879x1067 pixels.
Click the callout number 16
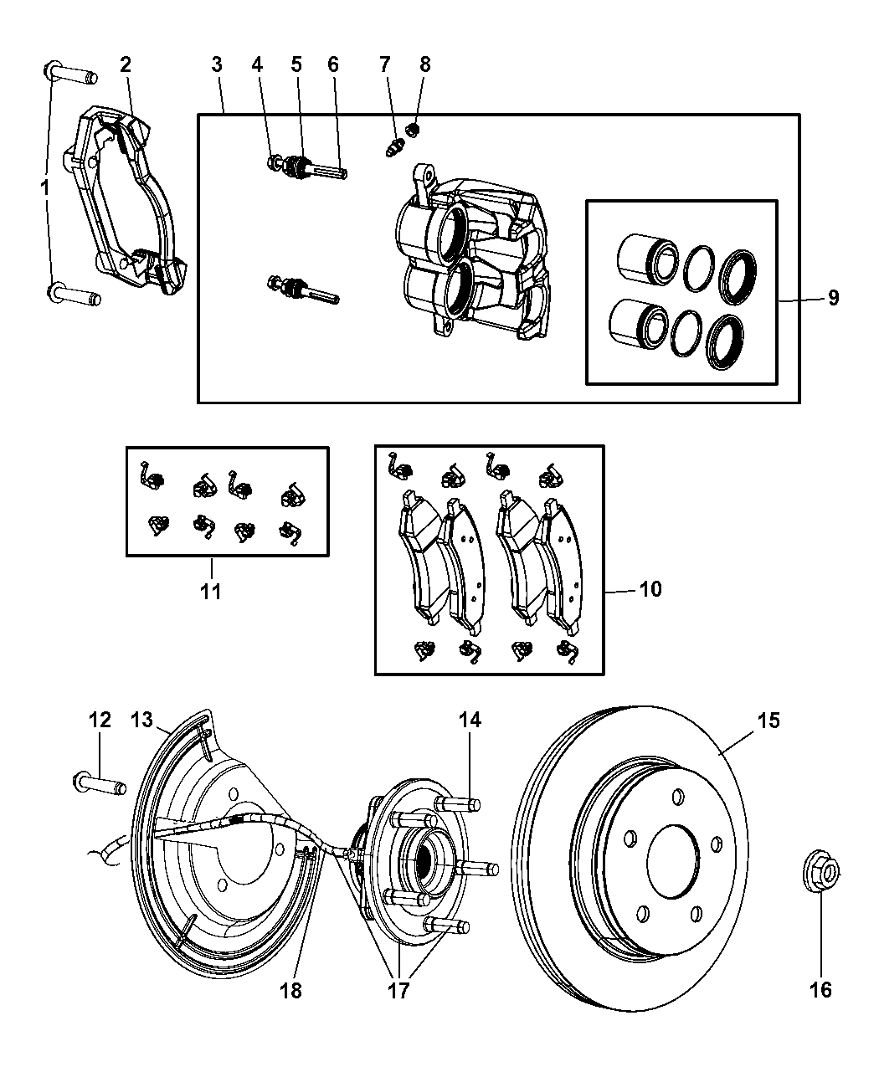click(x=820, y=989)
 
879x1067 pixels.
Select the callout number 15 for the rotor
click(x=768, y=721)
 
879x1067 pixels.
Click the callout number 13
click(x=141, y=721)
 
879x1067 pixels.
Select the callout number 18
click(x=291, y=991)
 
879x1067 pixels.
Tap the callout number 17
click(x=398, y=991)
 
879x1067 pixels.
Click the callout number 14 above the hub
click(x=469, y=721)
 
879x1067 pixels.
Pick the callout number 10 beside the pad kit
click(x=650, y=589)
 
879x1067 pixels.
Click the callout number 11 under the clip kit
click(x=210, y=591)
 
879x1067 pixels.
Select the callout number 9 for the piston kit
click(x=833, y=299)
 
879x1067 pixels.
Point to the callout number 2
click(x=126, y=64)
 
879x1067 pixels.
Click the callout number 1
click(x=44, y=188)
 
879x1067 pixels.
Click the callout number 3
click(x=217, y=64)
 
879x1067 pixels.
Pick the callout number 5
click(x=296, y=64)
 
